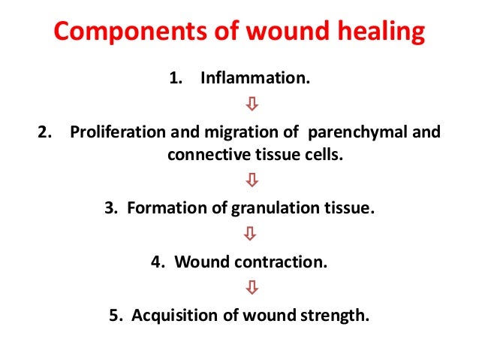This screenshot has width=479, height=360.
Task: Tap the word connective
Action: [x=200, y=156]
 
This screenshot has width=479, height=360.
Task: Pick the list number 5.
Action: [x=114, y=316]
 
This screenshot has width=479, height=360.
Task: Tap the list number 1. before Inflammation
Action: [x=176, y=79]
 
